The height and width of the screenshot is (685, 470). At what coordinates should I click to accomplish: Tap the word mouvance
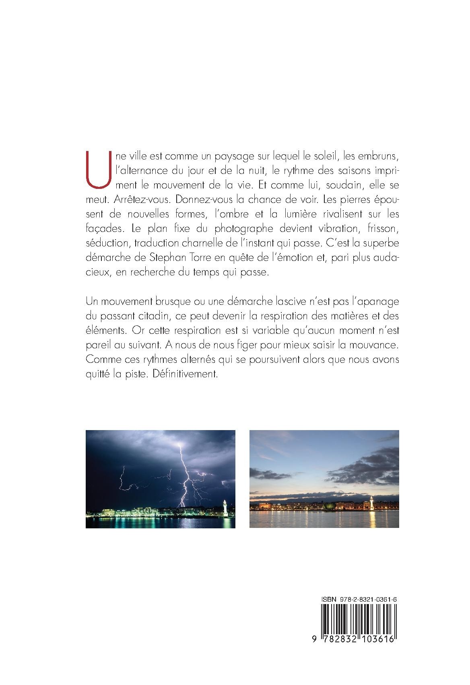377,346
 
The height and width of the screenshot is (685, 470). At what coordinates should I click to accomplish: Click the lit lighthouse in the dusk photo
371,502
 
